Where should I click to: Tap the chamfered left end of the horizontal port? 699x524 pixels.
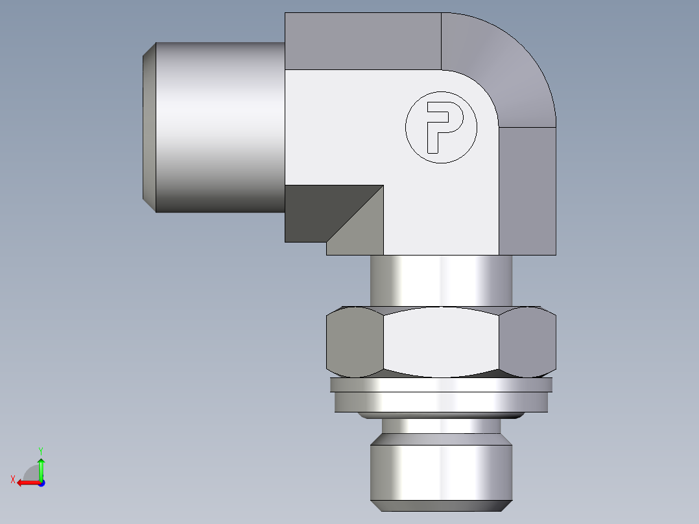pos(149,127)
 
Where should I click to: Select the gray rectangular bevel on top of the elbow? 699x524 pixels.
pos(362,41)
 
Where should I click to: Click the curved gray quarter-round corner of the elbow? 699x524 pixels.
pos(499,65)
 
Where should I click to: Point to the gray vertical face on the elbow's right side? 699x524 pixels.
pos(527,191)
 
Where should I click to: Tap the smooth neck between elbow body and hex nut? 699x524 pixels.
pos(441,280)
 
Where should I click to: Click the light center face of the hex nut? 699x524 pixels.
pos(441,342)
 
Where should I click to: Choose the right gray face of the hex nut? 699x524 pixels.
pos(528,342)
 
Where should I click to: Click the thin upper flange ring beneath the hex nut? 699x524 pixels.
pos(441,385)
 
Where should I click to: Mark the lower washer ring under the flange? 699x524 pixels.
pos(441,402)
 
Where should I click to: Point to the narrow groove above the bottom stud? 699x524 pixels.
pos(441,425)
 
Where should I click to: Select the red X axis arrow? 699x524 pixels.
pos(26,482)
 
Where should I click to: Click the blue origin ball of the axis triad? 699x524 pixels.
pos(41,483)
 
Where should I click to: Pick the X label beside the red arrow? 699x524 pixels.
pos(13,479)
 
